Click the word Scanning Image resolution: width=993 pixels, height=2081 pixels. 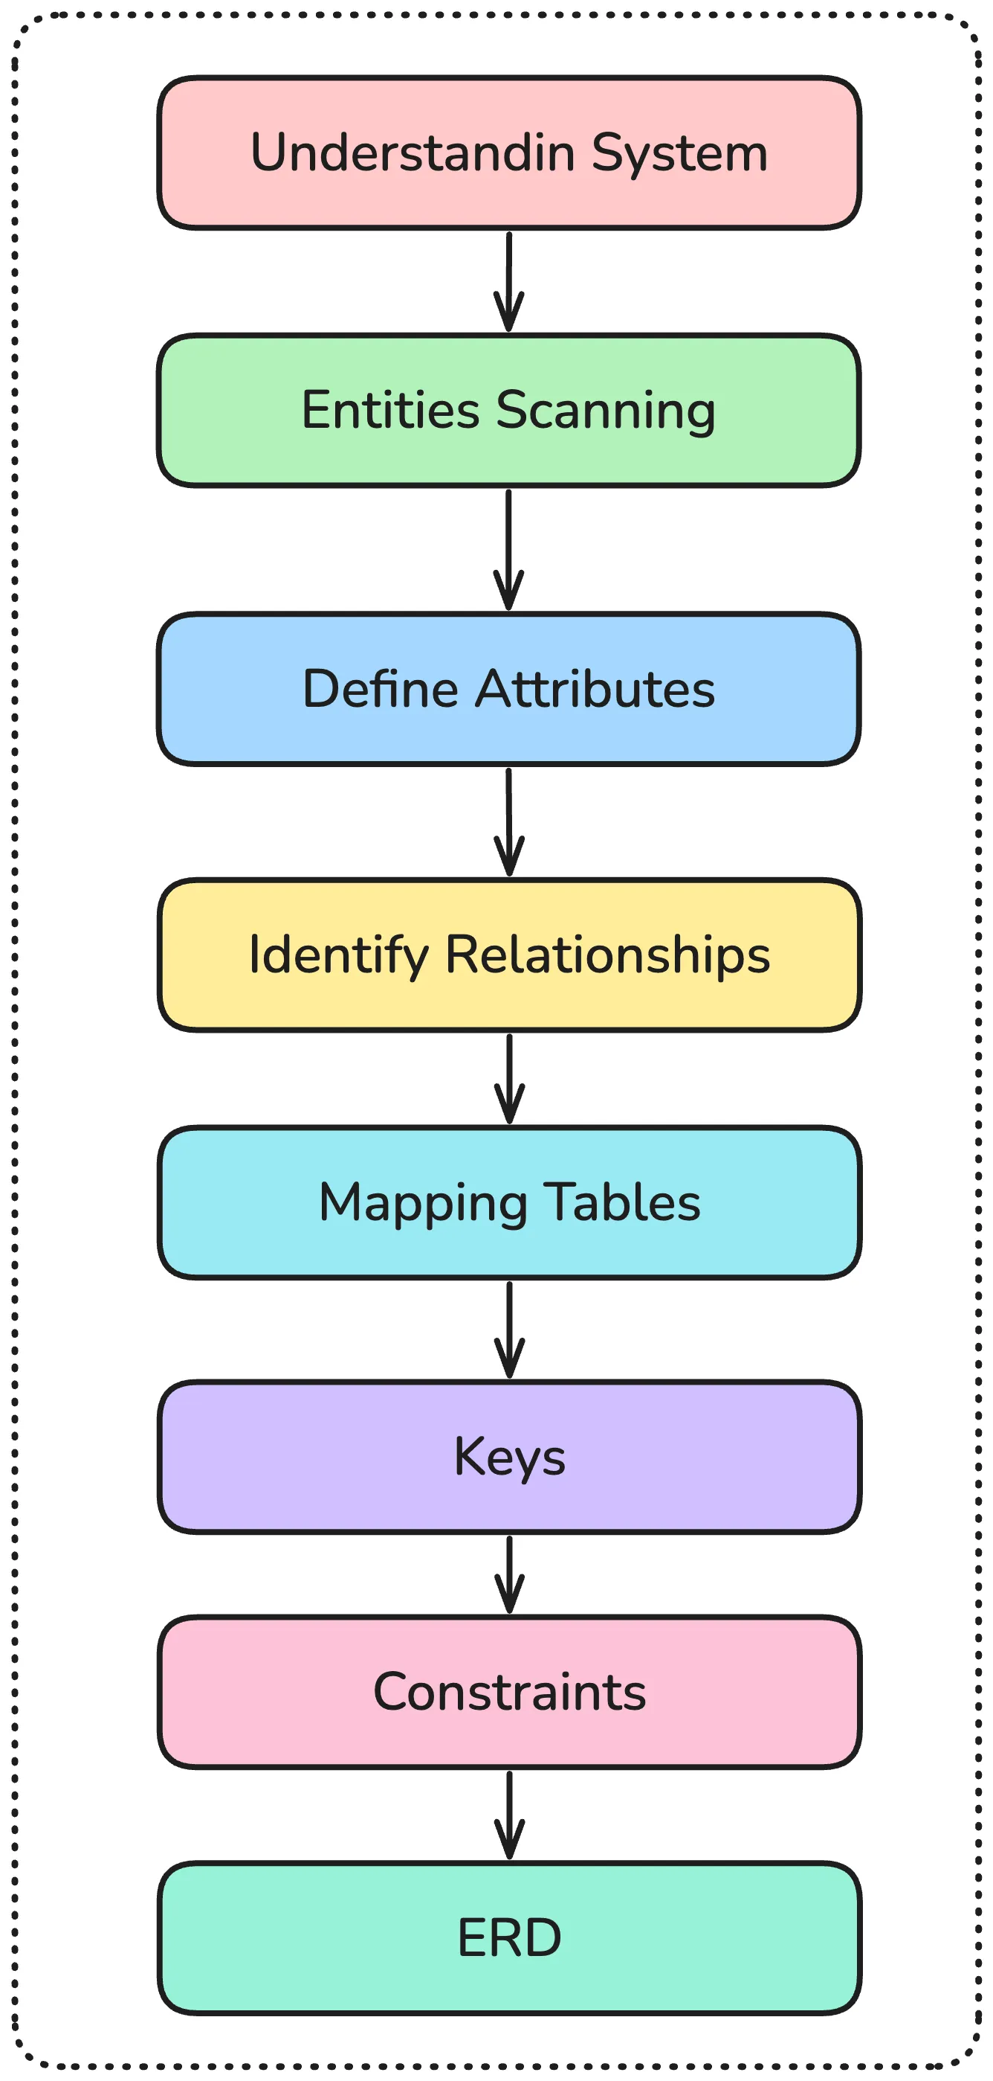(606, 411)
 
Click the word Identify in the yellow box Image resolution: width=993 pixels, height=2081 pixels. (338, 955)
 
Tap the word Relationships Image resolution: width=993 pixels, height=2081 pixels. (607, 955)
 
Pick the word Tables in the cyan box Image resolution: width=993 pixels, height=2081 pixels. (621, 1203)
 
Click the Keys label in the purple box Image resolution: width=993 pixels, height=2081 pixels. (509, 1458)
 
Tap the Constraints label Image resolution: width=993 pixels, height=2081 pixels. (509, 1693)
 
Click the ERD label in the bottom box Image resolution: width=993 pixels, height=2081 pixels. (509, 1938)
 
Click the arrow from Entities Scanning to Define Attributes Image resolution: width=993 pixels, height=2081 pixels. (508, 549)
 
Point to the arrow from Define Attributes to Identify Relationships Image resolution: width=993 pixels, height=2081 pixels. (508, 821)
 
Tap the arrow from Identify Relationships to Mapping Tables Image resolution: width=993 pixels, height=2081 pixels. (508, 1079)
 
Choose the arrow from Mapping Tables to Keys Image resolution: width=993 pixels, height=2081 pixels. (508, 1330)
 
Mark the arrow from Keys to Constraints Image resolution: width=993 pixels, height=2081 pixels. (508, 1574)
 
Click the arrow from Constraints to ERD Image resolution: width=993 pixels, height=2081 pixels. (508, 1815)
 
